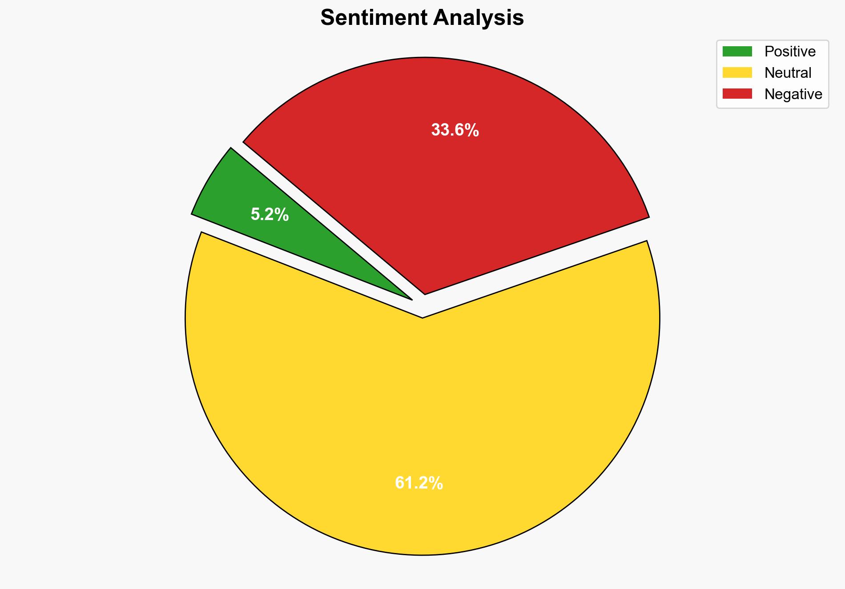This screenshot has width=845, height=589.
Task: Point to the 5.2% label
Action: click(270, 215)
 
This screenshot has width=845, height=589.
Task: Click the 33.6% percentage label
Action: click(455, 130)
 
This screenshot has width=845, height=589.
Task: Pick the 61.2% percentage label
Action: click(418, 483)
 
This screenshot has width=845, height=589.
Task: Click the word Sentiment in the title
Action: click(373, 18)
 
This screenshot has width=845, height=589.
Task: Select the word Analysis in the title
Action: click(479, 18)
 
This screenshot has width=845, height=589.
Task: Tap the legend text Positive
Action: click(790, 52)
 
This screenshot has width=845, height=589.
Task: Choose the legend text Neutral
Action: click(788, 73)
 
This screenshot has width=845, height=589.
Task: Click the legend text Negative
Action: click(793, 94)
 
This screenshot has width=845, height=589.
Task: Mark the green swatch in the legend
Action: click(737, 52)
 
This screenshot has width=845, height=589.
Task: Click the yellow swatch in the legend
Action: click(737, 72)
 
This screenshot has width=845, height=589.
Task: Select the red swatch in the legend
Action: click(737, 94)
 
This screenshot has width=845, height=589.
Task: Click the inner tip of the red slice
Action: click(425, 292)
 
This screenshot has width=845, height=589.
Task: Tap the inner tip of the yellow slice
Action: click(422, 317)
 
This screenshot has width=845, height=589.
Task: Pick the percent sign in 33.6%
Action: click(471, 130)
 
